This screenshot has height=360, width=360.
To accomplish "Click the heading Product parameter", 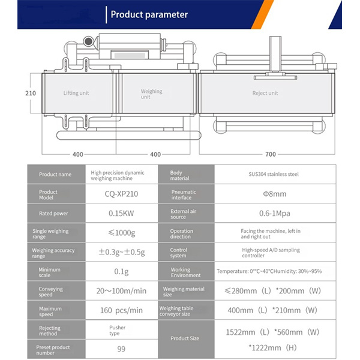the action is [x=149, y=14].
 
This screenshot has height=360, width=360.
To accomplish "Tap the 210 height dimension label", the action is [x=31, y=93].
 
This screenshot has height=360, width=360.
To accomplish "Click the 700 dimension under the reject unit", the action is [x=271, y=154].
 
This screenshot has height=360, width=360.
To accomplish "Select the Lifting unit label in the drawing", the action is [x=76, y=93].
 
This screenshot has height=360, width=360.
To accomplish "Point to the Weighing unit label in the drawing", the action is [x=152, y=94].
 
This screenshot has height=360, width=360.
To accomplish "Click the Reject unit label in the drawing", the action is [x=265, y=93].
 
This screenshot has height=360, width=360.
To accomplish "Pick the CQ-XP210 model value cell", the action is [x=121, y=194].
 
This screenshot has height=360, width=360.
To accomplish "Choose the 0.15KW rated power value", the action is [x=121, y=213].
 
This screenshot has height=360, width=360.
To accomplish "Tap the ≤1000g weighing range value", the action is [x=122, y=233].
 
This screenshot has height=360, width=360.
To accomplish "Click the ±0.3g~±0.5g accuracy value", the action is [x=122, y=252].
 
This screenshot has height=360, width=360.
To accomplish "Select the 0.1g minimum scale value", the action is [x=121, y=272].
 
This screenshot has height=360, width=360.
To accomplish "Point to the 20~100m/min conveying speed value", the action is [x=121, y=291].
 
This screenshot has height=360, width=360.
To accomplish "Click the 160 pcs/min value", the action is [x=121, y=310].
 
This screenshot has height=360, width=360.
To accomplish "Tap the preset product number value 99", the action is [x=121, y=349].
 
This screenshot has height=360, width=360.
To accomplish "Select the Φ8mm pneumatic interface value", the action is [x=275, y=194].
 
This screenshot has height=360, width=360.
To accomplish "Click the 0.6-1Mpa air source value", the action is [x=275, y=213].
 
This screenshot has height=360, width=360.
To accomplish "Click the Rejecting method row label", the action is [x=50, y=331].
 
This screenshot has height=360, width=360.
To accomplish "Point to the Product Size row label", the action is [x=185, y=338].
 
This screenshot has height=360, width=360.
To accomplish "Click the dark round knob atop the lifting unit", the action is [x=88, y=41].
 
